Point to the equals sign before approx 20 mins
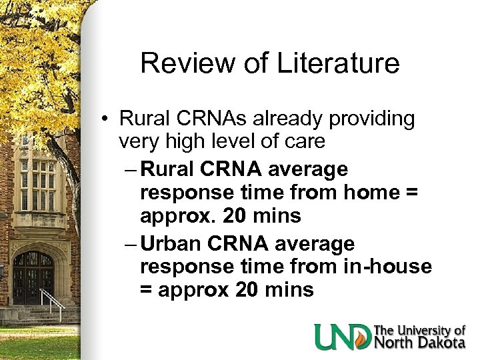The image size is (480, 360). point(148,290)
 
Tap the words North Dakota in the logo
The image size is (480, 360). point(419,342)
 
